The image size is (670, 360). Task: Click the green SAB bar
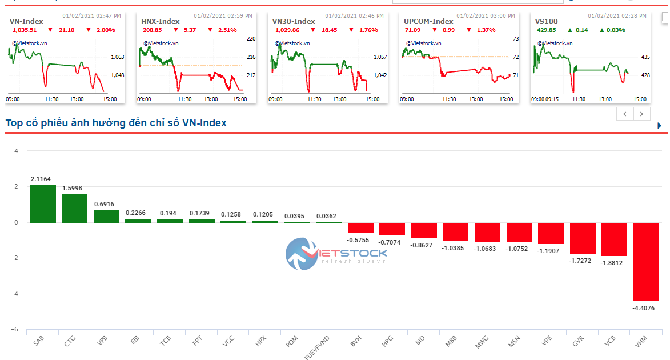[x=43, y=203]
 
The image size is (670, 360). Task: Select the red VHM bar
[x=646, y=262]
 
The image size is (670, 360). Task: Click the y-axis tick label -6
[x=16, y=330]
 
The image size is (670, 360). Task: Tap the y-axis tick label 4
[x=16, y=151]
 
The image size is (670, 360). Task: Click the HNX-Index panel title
[x=161, y=21]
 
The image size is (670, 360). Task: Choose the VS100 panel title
[x=546, y=21]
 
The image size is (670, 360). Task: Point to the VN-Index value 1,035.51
[x=23, y=30]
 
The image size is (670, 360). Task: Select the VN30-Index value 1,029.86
[x=287, y=30]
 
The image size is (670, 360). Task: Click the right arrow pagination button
[x=642, y=114]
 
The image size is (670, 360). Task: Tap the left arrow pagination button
[x=625, y=114]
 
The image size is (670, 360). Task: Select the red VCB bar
[x=614, y=239]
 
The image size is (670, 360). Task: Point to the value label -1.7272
[x=583, y=260]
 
